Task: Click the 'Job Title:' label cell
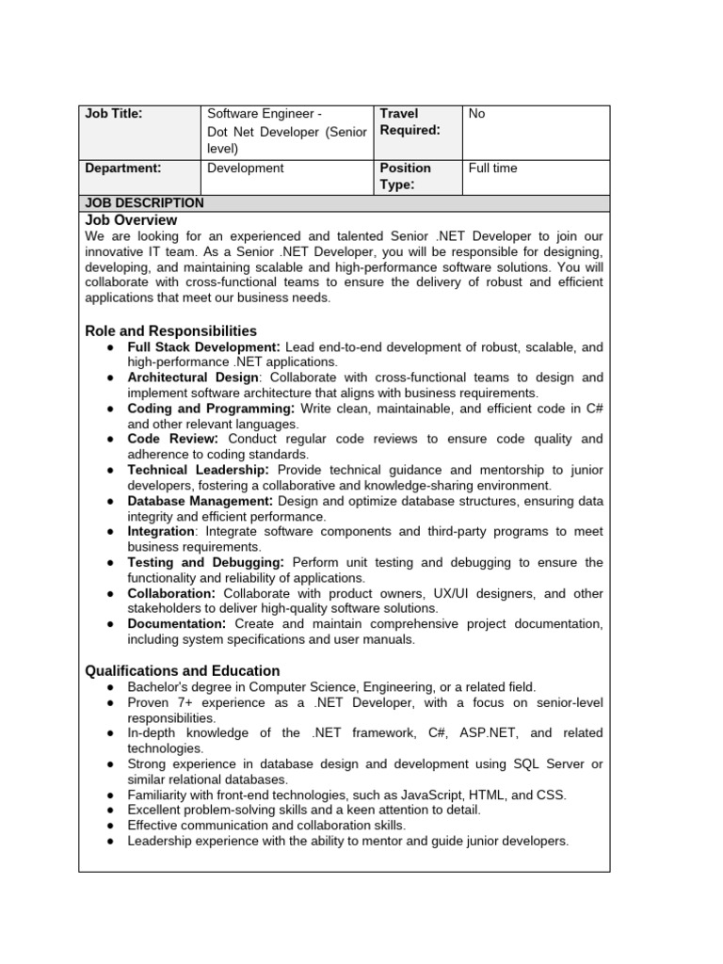(114, 114)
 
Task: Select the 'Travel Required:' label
(410, 121)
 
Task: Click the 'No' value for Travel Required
(476, 114)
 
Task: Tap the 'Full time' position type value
(492, 169)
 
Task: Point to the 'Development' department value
(245, 169)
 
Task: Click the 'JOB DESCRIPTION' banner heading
(144, 202)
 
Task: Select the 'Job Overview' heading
(131, 220)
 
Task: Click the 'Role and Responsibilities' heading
(170, 331)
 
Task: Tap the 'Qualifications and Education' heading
(182, 671)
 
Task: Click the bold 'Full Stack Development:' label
(203, 347)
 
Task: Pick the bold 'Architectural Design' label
(191, 378)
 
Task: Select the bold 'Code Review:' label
(173, 439)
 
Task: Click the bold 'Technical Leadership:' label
(199, 470)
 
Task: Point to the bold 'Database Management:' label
(201, 501)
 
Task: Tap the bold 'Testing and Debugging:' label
(206, 562)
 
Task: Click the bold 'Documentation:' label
(177, 624)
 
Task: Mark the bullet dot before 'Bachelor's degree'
(110, 687)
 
